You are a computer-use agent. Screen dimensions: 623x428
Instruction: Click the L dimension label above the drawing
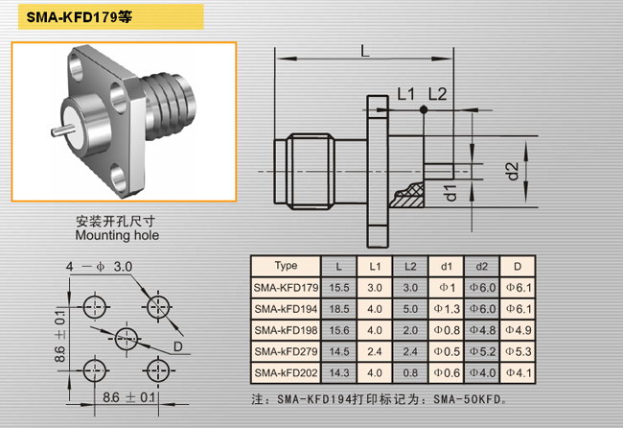[x=365, y=51]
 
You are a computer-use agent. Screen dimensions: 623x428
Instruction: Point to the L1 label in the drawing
[x=405, y=94]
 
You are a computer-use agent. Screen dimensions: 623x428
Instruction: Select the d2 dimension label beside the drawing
[x=513, y=171]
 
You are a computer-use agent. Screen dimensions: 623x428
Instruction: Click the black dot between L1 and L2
[x=424, y=109]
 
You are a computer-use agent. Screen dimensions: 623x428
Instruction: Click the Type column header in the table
[x=286, y=266]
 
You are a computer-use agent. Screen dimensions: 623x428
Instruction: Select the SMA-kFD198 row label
[x=286, y=330]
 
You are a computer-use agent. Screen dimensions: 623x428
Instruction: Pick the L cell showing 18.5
[x=339, y=309]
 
